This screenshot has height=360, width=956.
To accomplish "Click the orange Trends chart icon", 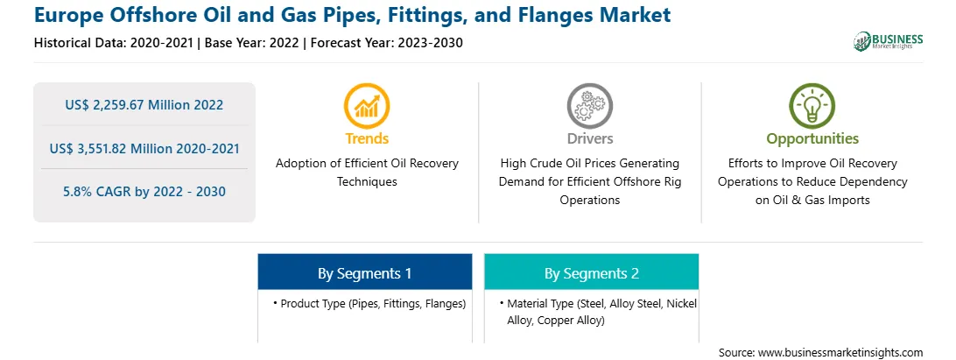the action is pos(367,106).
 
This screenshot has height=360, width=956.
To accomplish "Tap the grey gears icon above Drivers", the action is pos(589,106).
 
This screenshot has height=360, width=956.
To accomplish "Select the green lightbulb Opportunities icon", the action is pos(812,106).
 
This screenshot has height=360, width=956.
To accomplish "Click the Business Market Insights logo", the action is pos(888,41).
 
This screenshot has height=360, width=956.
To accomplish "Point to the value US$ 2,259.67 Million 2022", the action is pos(144,105).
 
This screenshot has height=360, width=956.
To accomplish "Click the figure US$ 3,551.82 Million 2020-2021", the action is pos(144,148).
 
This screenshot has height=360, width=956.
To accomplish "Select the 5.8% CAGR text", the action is pos(144,192).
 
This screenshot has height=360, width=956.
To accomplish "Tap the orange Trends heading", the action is pos(367,138).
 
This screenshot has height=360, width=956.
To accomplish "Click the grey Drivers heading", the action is pos(589,138).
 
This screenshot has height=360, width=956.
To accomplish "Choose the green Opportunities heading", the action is pos(812,139).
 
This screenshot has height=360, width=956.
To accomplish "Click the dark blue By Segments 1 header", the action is pos(364,272).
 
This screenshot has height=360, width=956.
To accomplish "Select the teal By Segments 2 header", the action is pos(592,272).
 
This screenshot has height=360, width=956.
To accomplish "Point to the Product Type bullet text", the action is pos(369,303).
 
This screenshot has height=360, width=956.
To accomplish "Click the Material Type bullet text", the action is pos(598,312).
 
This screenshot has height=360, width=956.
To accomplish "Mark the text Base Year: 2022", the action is pos(253,43).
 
